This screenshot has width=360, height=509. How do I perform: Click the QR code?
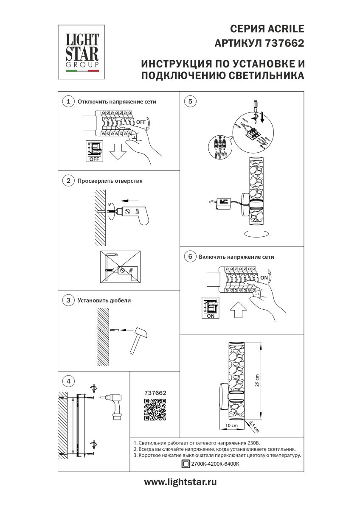click(155, 409)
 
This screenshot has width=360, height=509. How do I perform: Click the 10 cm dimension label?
click(231, 425)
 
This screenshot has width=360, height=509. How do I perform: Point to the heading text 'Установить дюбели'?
click(104, 300)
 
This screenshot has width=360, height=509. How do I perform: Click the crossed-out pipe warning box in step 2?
click(121, 267)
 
